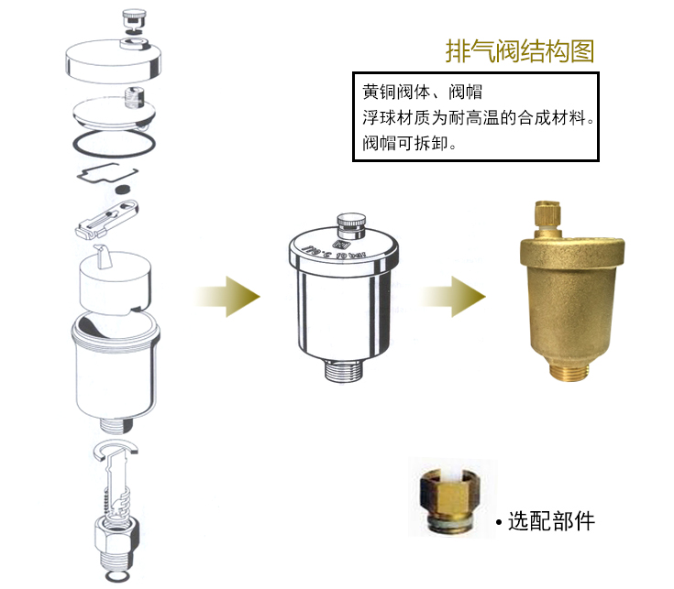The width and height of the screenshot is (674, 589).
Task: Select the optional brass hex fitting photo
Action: tap(449, 503)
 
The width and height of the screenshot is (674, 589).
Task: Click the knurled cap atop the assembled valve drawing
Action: tap(349, 224)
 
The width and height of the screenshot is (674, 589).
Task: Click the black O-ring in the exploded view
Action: tap(113, 144)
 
